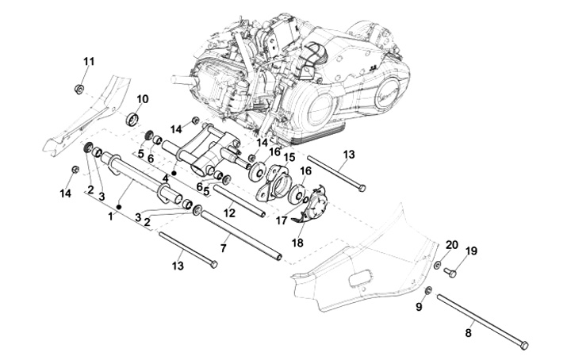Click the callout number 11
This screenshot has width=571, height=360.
tap(89, 62)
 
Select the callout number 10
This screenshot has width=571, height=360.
tap(143, 99)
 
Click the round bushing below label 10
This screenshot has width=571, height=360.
tap(135, 120)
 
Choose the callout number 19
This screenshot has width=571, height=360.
tap(471, 251)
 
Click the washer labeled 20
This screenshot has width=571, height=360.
tap(439, 263)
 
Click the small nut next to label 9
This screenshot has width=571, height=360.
tap(427, 291)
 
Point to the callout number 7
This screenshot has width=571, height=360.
tap(224, 248)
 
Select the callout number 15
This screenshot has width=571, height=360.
tap(289, 157)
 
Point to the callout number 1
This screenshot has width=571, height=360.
tap(110, 215)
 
